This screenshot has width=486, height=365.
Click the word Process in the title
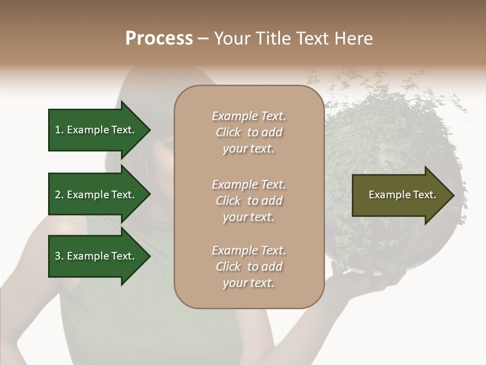(x=159, y=39)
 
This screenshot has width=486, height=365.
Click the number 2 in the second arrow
(x=58, y=195)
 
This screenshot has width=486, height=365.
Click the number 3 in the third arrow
(x=58, y=256)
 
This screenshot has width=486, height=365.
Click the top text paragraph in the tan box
(x=249, y=132)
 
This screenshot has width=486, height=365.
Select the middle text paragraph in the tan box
(x=249, y=201)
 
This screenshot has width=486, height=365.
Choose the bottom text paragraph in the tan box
(x=249, y=267)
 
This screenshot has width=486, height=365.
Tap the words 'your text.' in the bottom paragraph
(x=249, y=283)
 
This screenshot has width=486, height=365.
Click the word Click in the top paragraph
(x=228, y=132)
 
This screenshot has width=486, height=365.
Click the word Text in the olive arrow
(x=424, y=195)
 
